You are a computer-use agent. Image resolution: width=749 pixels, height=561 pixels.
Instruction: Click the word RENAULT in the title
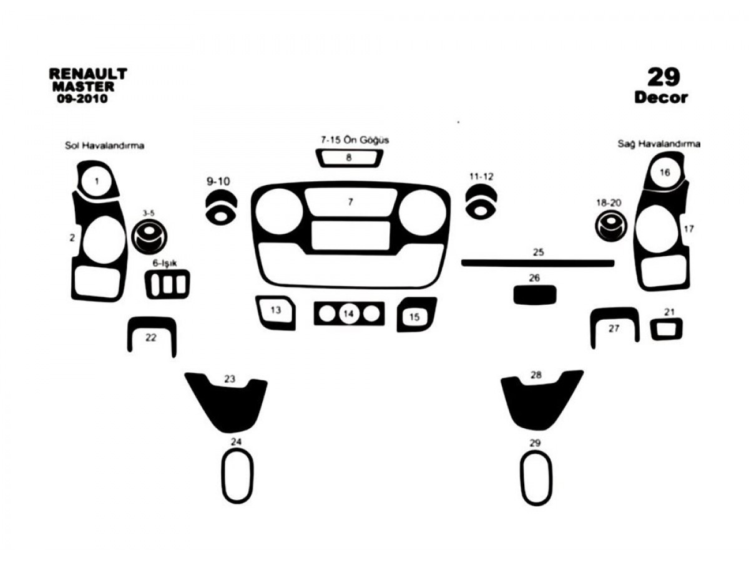coord(88,74)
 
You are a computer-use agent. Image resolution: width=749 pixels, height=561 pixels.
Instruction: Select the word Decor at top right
coord(661,98)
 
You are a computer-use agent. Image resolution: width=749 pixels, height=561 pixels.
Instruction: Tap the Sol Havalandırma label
coord(104,146)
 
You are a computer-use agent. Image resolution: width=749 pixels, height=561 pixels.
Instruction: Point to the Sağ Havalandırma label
coord(659,144)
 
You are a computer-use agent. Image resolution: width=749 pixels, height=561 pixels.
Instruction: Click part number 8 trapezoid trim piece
coord(349,165)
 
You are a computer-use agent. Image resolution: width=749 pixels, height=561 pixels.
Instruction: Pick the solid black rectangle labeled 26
coord(535,295)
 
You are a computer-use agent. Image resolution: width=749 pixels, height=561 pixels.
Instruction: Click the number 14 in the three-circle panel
coord(348,314)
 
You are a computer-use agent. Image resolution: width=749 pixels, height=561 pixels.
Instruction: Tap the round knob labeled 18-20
coord(611,226)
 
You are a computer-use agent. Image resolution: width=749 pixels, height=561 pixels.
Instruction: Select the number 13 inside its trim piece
coord(276,310)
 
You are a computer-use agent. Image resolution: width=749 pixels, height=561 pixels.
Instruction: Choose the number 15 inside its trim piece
coord(414,317)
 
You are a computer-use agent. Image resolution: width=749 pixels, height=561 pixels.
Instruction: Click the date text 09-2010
coord(82,98)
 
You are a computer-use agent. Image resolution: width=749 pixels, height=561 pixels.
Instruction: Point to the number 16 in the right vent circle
coord(665,173)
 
